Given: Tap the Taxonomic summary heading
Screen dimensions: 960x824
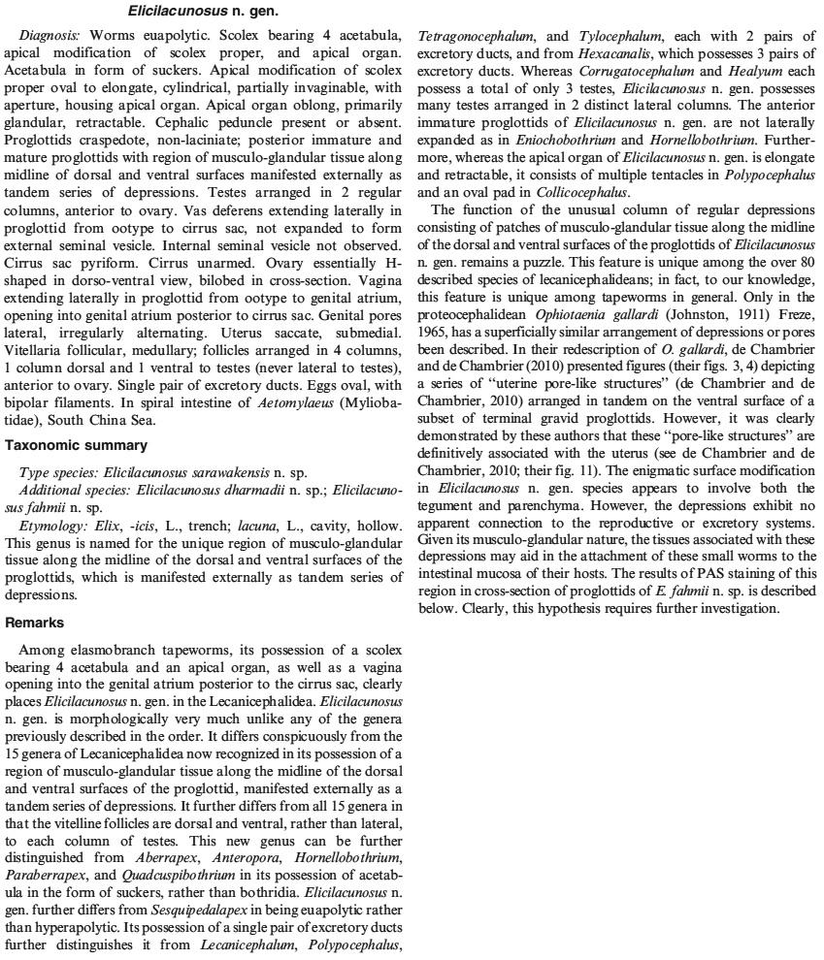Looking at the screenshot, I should (x=76, y=446).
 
